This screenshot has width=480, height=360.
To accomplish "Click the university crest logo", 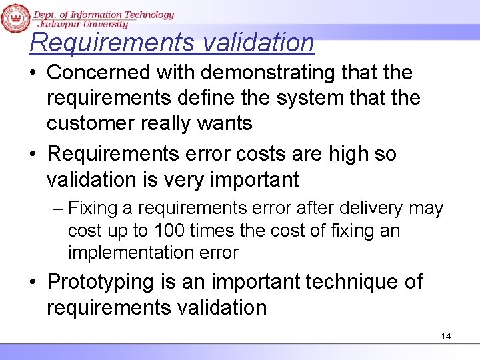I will pyautogui.click(x=15, y=17).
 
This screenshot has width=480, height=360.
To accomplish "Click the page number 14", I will pyautogui.click(x=446, y=336).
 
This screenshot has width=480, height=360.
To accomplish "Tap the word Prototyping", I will pyautogui.click(x=101, y=282).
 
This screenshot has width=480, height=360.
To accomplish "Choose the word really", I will pyautogui.click(x=175, y=123).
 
